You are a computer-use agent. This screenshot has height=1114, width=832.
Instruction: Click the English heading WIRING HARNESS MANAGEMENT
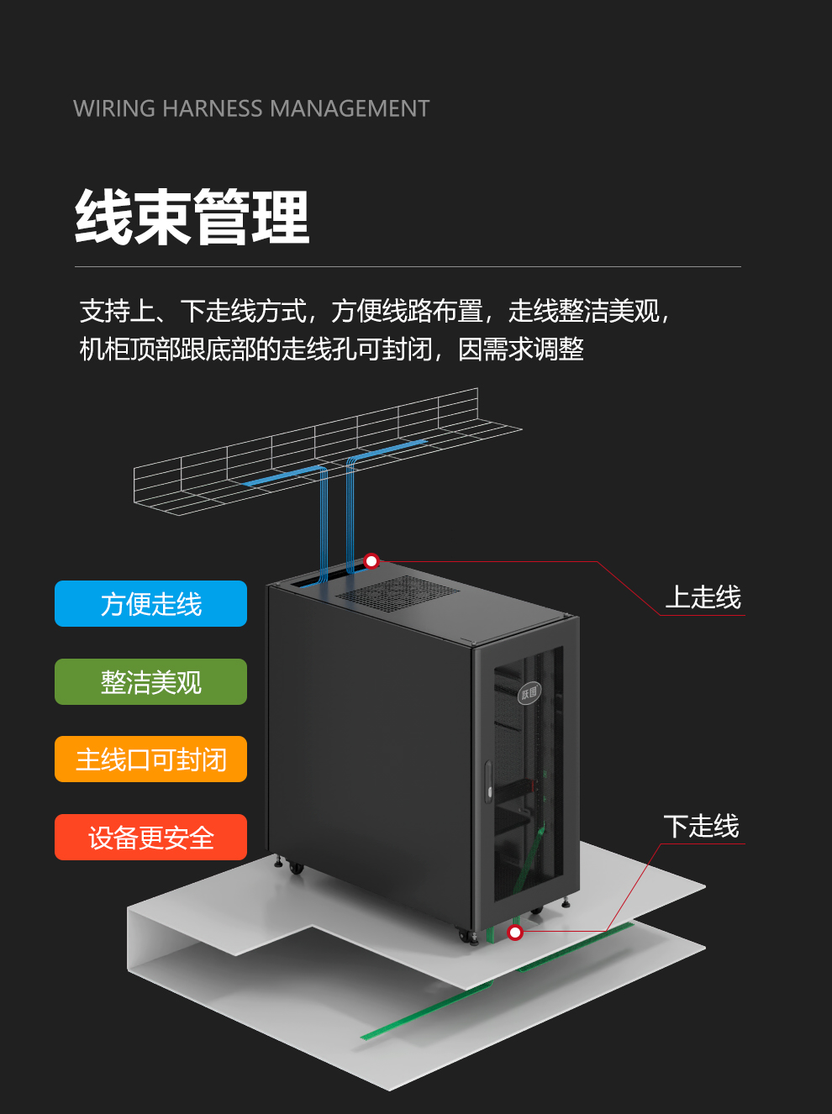[251, 108]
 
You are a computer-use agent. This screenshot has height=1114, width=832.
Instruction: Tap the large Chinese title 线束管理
[192, 218]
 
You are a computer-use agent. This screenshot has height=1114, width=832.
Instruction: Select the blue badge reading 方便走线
[151, 604]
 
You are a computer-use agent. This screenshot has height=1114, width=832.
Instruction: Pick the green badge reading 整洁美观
[151, 682]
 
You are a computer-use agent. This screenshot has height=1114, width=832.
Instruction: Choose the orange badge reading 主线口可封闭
[151, 759]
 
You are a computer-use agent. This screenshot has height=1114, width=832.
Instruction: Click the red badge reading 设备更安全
[151, 838]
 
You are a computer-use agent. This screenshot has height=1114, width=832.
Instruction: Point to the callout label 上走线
[703, 597]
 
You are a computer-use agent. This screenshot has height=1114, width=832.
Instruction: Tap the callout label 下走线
[701, 826]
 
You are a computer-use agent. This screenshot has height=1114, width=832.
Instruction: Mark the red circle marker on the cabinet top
[371, 560]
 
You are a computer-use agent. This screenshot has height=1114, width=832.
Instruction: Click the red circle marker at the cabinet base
[515, 933]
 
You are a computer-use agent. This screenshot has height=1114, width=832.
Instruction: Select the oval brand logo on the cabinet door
[529, 692]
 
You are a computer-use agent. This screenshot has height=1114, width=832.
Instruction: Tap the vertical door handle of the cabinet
[488, 781]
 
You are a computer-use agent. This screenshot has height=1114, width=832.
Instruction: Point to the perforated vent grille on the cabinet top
[398, 592]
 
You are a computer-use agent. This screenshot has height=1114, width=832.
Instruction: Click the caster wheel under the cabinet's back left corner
[295, 868]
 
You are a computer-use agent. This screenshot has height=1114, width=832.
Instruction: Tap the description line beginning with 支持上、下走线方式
[374, 311]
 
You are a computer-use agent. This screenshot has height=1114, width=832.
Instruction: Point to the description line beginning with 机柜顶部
[331, 349]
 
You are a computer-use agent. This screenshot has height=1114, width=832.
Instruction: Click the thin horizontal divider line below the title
[408, 267]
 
